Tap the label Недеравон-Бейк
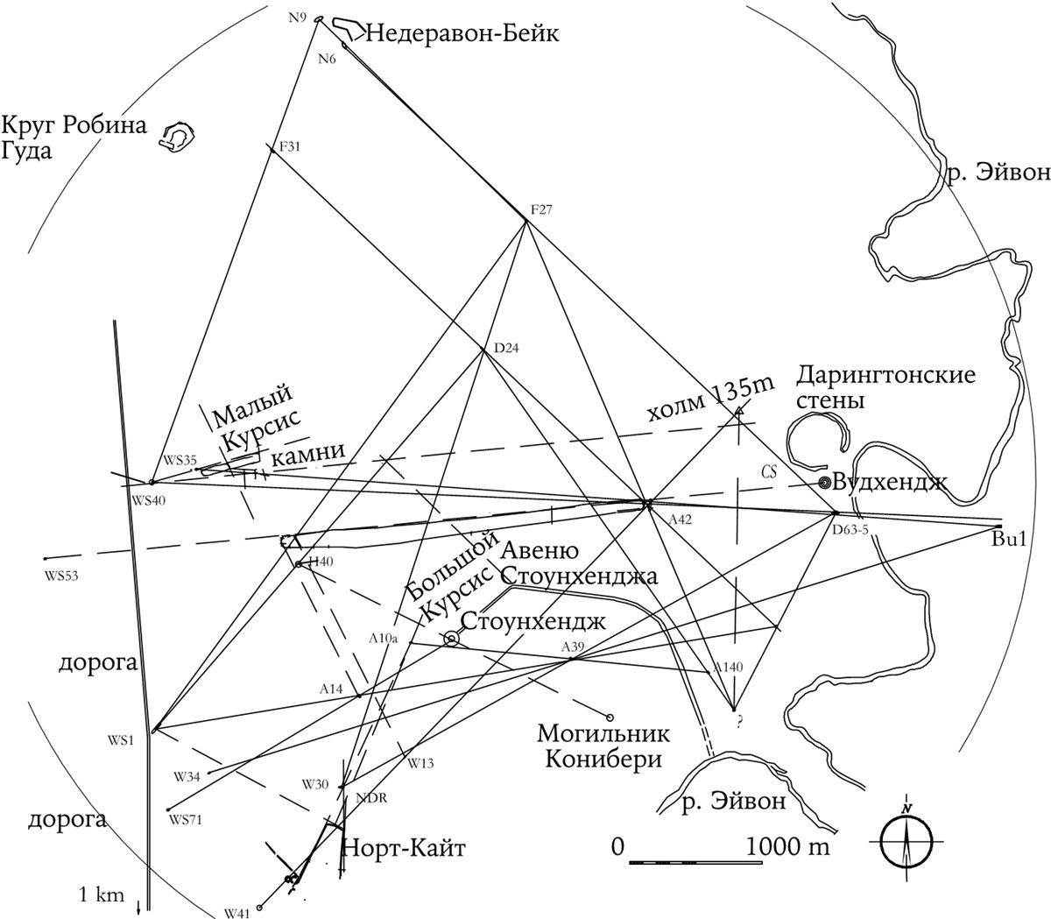click(461, 33)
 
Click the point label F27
click(543, 209)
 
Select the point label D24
click(507, 348)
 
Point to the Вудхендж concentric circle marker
click(824, 482)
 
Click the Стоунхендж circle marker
click(451, 639)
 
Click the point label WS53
click(59, 575)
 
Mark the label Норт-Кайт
click(404, 847)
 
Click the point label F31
click(289, 147)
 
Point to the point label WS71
click(185, 821)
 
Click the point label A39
click(573, 647)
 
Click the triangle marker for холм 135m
click(739, 409)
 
